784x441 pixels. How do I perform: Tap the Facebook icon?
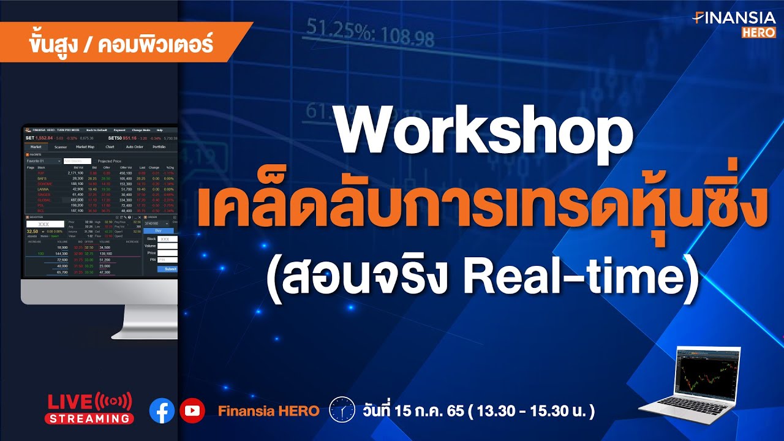point(162,410)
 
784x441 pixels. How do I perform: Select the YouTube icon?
point(192,410)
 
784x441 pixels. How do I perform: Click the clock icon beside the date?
point(342,410)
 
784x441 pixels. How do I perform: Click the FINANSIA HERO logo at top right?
point(734,24)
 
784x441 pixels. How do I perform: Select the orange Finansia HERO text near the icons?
point(268,411)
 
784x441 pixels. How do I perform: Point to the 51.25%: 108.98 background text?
point(370,34)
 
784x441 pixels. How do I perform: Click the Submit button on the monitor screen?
point(170,269)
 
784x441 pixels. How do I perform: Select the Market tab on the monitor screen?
point(36,147)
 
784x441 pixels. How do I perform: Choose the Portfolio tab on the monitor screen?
point(159,147)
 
